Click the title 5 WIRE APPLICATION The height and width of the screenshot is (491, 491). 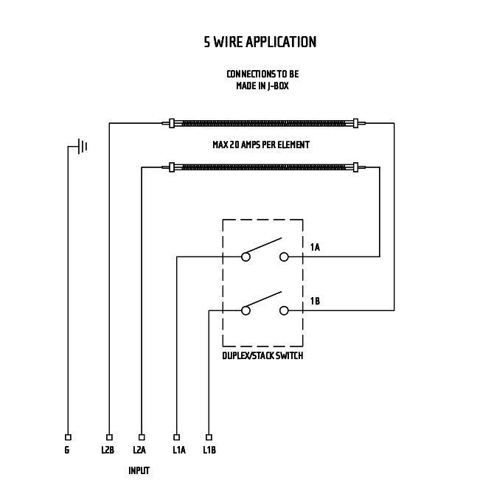pos(260,42)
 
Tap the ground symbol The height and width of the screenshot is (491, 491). pos(82,146)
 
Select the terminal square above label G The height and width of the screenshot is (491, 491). pos(68,437)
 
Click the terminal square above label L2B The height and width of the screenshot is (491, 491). pos(109,437)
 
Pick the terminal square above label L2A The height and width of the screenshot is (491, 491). pos(142,437)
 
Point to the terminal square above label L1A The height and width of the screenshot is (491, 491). pos(177,437)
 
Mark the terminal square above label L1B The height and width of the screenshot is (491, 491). pos(209,437)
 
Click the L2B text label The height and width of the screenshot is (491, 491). pos(108,450)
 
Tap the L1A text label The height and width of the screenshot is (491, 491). pos(178,450)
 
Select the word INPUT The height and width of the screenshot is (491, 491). pos(139,470)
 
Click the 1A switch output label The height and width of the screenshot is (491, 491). pos(315,247)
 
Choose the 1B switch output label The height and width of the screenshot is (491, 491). pos(315,301)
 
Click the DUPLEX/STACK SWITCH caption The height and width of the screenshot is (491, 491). pos(262,355)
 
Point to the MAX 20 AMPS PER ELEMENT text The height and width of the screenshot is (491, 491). pos(261,145)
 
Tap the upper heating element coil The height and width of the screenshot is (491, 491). pos(263,122)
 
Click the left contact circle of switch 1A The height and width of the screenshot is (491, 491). pos(245,257)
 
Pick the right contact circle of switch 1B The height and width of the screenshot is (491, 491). pos(284,310)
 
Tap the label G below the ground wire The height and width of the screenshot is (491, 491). pos(67,450)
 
